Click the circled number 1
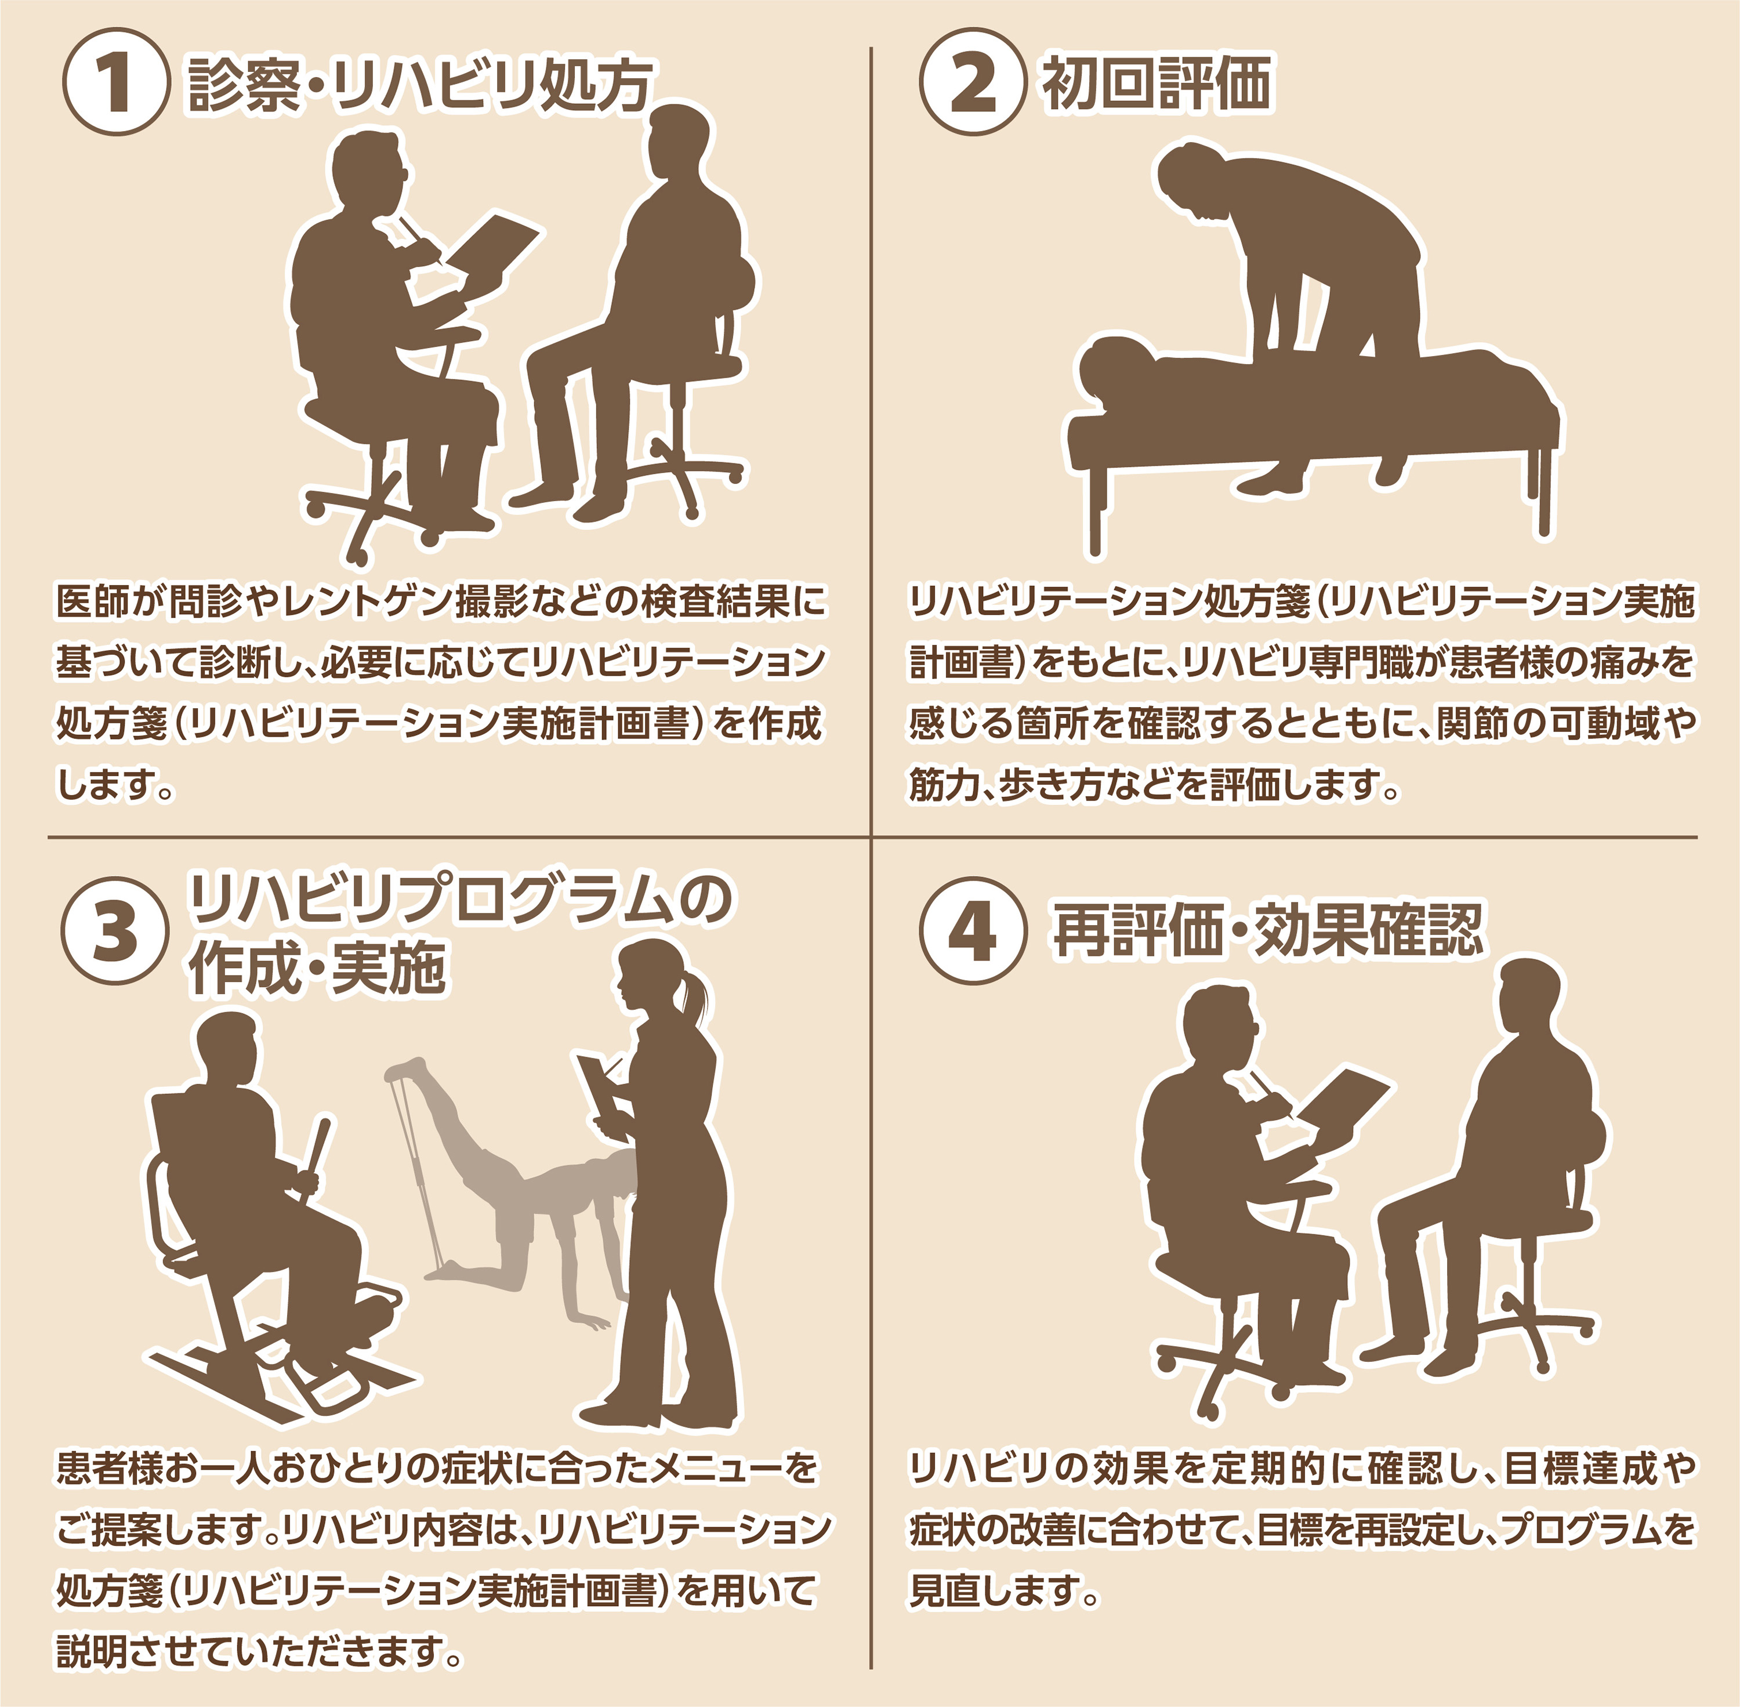point(115,82)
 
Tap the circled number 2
point(973,82)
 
